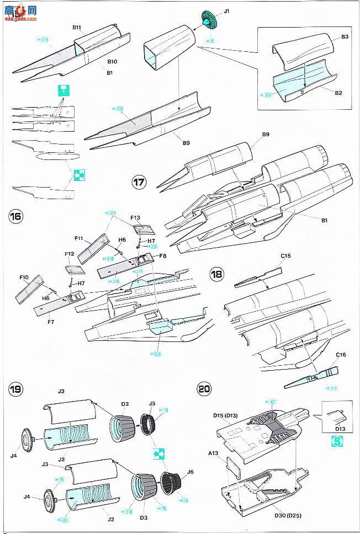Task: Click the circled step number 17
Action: (139, 182)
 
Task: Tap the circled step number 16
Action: (15, 216)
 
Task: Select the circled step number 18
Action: (217, 274)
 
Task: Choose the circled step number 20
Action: (204, 388)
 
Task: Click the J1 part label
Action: (226, 11)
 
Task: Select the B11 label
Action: (77, 26)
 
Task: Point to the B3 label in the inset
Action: (344, 37)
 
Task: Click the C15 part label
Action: (285, 256)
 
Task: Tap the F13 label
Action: (136, 218)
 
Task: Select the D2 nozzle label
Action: (126, 404)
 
